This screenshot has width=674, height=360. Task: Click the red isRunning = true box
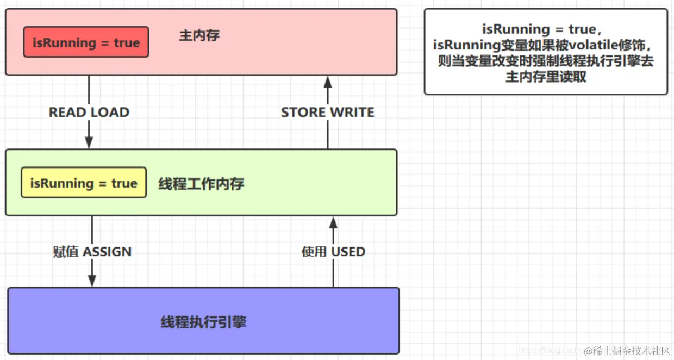pyautogui.click(x=86, y=42)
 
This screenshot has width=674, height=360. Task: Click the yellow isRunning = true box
pyautogui.click(x=84, y=183)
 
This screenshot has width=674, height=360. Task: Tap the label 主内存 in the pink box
pyautogui.click(x=199, y=36)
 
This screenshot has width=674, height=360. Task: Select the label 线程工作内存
pyautogui.click(x=201, y=184)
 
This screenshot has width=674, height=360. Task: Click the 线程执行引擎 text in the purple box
pyautogui.click(x=203, y=322)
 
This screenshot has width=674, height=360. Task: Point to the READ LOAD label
pyautogui.click(x=89, y=113)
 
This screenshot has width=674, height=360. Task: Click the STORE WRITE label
pyautogui.click(x=327, y=113)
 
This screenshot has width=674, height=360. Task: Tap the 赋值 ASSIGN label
pyautogui.click(x=92, y=252)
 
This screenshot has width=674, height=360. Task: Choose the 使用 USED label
pyautogui.click(x=333, y=252)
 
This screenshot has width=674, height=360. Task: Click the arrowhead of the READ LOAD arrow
pyautogui.click(x=89, y=142)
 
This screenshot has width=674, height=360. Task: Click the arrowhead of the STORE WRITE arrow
pyautogui.click(x=327, y=82)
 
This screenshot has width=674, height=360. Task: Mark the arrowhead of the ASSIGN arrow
pyautogui.click(x=92, y=281)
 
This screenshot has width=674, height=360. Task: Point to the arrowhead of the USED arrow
pyautogui.click(x=333, y=222)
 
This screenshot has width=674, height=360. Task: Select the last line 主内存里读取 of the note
pyautogui.click(x=546, y=77)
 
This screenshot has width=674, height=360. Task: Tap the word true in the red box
pyautogui.click(x=127, y=42)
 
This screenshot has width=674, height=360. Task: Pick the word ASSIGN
pyautogui.click(x=108, y=252)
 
